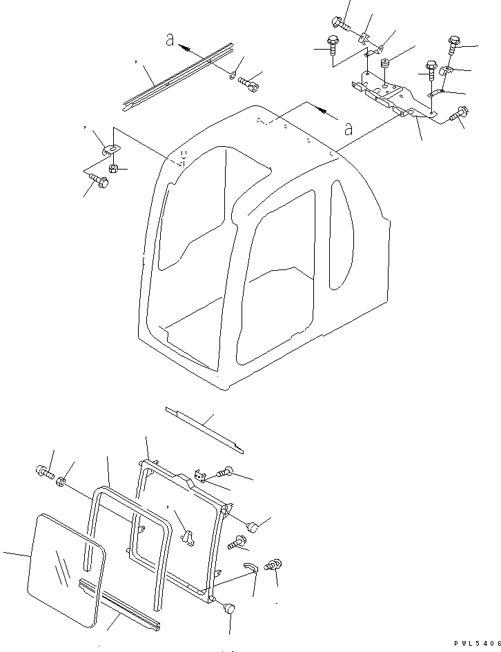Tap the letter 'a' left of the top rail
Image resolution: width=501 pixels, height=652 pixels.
point(169,41)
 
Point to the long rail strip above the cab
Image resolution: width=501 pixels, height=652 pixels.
point(177,76)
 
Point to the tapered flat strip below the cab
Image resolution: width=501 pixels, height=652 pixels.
point(205,431)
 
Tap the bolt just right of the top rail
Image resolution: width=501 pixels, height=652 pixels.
point(249,84)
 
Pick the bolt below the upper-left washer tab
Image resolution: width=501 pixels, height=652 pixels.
point(98,181)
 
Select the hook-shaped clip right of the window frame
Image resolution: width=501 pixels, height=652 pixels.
point(249,566)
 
